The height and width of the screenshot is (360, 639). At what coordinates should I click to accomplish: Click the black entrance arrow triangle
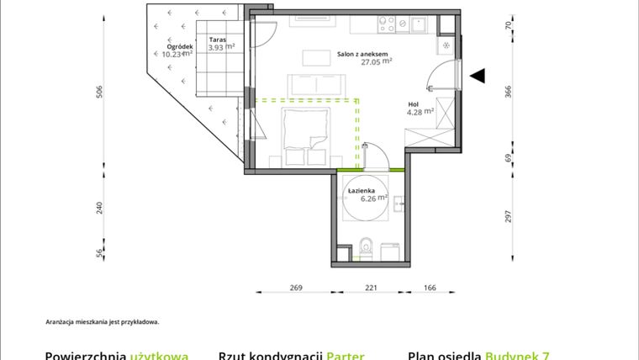(x=478, y=77)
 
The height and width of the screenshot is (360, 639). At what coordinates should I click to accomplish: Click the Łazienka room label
(x=361, y=191)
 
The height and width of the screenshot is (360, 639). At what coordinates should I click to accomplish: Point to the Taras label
(x=218, y=39)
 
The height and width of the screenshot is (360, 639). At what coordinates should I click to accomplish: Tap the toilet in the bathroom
(x=364, y=247)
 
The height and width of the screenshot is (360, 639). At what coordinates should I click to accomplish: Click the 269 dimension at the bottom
(x=296, y=288)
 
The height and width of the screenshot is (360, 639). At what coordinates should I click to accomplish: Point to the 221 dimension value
(x=371, y=288)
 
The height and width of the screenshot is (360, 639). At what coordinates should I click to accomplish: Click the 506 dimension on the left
(x=99, y=92)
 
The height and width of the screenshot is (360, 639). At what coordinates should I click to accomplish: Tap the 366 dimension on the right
(x=508, y=92)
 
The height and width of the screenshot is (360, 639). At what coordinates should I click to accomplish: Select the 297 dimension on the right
(x=508, y=216)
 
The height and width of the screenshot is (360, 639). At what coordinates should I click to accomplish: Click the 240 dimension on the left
(x=99, y=208)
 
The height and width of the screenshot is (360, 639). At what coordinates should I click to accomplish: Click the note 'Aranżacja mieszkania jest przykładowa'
(x=102, y=321)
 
